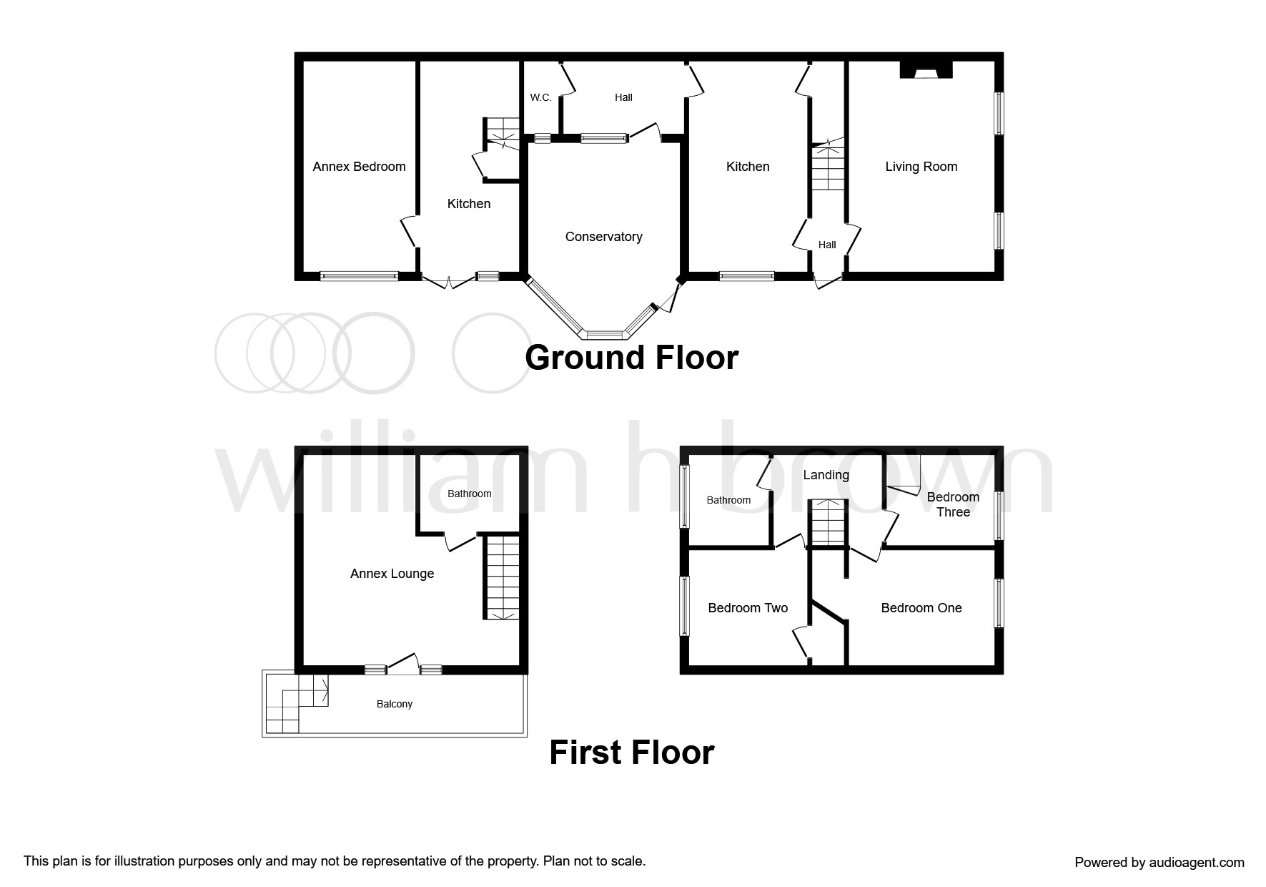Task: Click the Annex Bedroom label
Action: pyautogui.click(x=359, y=167)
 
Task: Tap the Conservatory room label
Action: pyautogui.click(x=603, y=237)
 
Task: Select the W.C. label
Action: pyautogui.click(x=540, y=97)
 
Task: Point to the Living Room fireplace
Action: pyautogui.click(x=926, y=69)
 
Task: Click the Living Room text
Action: pyautogui.click(x=921, y=167)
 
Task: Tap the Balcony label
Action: pyautogui.click(x=395, y=704)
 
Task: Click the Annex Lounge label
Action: pyautogui.click(x=392, y=574)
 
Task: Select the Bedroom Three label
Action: pyautogui.click(x=953, y=504)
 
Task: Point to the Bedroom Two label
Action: pyautogui.click(x=748, y=608)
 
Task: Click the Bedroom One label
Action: pyautogui.click(x=921, y=608)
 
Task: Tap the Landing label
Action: pyautogui.click(x=826, y=475)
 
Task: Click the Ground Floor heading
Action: pyautogui.click(x=631, y=358)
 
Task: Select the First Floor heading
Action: pyautogui.click(x=631, y=753)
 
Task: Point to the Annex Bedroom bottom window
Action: pyautogui.click(x=359, y=276)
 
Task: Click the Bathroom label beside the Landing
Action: pyautogui.click(x=728, y=500)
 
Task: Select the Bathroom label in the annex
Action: pyautogui.click(x=469, y=494)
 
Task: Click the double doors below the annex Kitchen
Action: pyautogui.click(x=448, y=282)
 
